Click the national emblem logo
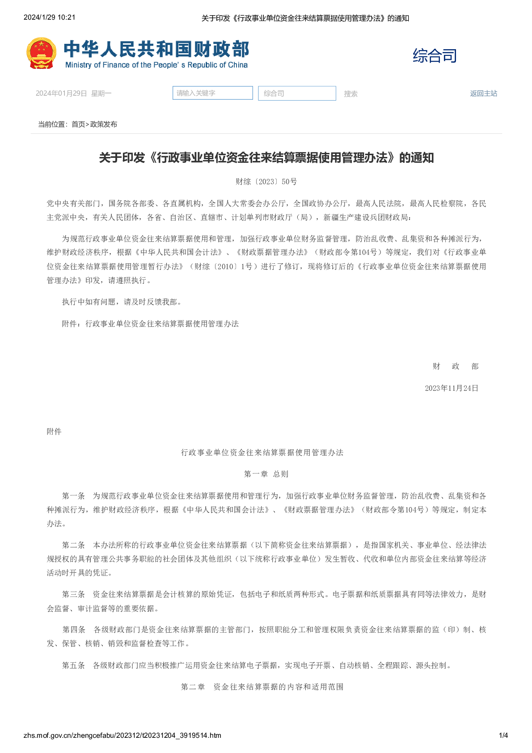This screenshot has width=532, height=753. coord(42,53)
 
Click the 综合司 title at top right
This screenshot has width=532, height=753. coord(435,56)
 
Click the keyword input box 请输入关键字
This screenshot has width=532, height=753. coord(212,93)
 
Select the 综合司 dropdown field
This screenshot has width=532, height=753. coord(297,93)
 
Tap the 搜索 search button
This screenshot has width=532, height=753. coord(350,94)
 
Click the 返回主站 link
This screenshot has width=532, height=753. coord(483,93)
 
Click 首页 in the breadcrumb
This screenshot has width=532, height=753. coord(78,124)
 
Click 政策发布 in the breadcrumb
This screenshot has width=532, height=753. coord(104,124)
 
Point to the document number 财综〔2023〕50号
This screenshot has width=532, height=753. coord(266,182)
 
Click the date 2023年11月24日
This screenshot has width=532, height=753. coord(452,388)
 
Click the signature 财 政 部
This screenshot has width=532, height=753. coord(455,366)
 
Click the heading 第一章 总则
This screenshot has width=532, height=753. coord(266,474)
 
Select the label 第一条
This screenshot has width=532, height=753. coord(73,496)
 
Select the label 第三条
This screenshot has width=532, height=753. coord(73,594)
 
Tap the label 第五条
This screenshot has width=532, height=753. coord(73,665)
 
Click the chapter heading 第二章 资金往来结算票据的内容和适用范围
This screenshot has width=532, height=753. coord(262,687)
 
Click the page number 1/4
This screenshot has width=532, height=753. coord(503,735)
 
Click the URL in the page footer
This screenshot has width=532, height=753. coord(122,735)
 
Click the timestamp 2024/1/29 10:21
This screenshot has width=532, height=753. coord(49,17)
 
